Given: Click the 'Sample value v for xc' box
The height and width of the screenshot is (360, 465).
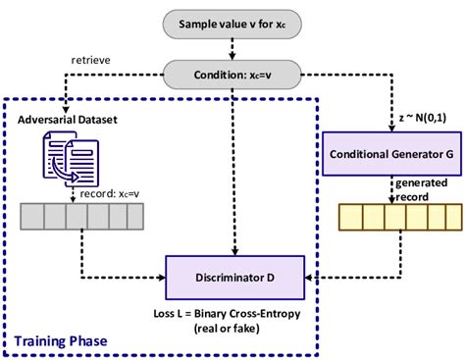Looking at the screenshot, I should (x=232, y=22).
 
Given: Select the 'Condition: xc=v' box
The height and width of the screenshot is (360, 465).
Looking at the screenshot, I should (x=232, y=73).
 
